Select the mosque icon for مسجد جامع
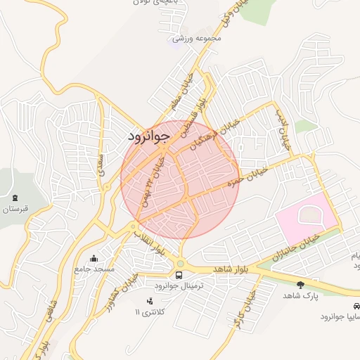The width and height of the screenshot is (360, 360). [94, 258]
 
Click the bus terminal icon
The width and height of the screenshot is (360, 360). [178, 275]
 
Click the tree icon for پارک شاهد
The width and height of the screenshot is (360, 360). [301, 285]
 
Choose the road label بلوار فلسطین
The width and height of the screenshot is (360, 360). [203, 98]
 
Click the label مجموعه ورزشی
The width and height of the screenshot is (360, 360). [198, 37]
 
